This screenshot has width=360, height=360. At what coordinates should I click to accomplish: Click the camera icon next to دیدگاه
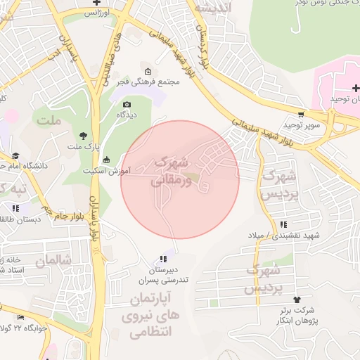(x=127, y=104)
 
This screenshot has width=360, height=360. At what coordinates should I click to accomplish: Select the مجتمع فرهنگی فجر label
(x=150, y=82)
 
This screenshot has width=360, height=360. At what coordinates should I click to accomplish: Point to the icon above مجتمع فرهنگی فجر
(x=148, y=71)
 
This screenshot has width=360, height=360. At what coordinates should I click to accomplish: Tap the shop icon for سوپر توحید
(x=302, y=114)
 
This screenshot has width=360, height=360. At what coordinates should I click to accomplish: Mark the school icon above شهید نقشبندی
(x=283, y=224)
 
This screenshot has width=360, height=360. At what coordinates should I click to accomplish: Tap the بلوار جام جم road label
(x=63, y=214)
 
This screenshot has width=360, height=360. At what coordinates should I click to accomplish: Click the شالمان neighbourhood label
(x=53, y=260)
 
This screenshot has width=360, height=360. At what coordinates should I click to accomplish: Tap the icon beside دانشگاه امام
(x=15, y=156)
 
